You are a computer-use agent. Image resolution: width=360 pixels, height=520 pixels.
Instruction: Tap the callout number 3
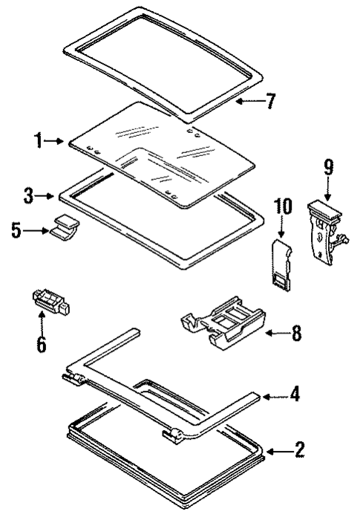[27, 197]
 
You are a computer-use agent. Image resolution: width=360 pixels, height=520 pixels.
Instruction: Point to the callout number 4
[295, 394]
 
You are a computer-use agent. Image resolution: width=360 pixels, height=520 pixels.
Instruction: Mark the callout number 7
[270, 101]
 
